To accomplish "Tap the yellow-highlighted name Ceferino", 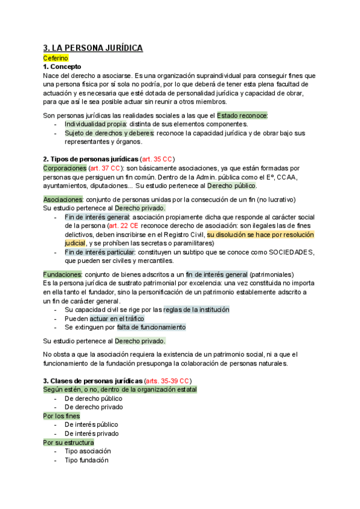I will coord(56,58).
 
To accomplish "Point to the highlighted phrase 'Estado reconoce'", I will coord(242,115).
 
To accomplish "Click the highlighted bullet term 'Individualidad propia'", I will coord(96,124).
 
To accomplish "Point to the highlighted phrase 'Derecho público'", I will coord(232,185).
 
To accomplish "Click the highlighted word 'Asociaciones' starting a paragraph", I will coord(63,199).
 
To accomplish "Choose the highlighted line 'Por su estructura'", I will coord(68,442).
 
